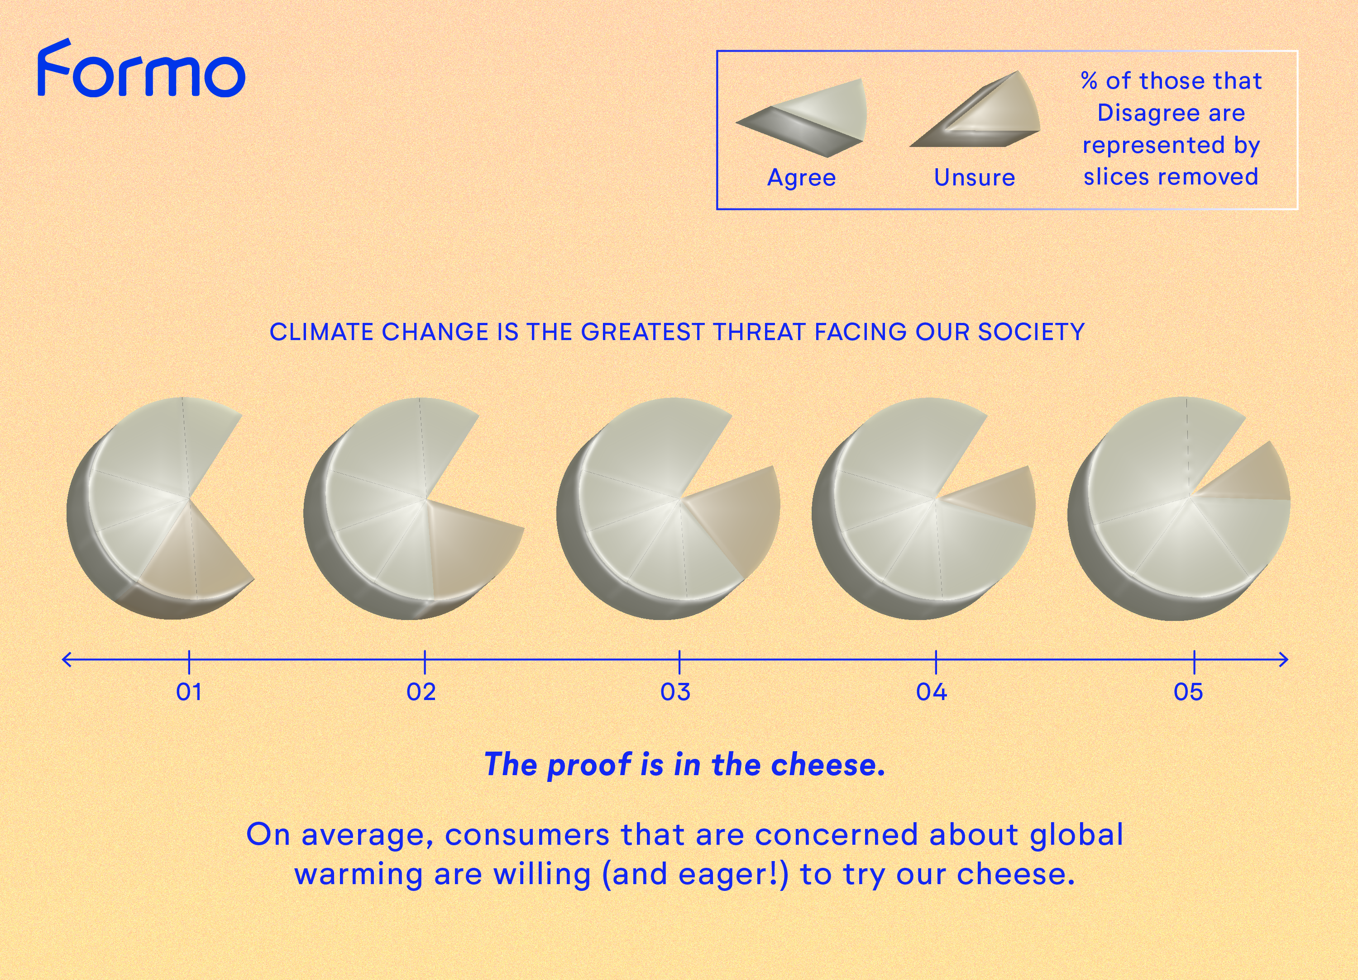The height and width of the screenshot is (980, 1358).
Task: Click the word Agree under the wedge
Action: pos(801,178)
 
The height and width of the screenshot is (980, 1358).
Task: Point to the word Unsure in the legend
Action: pos(974,177)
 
